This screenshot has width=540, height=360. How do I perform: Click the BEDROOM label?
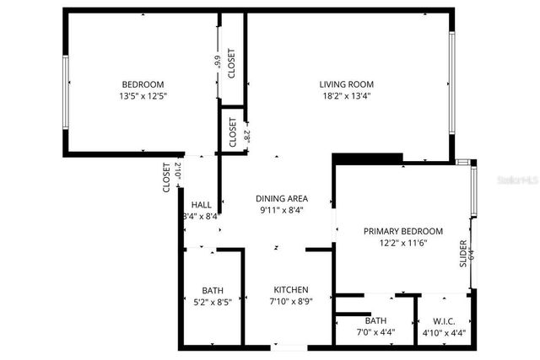pyautogui.click(x=143, y=84)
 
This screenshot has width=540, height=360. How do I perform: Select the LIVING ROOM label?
pyautogui.click(x=346, y=84)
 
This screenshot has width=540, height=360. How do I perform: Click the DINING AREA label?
pyautogui.click(x=281, y=199)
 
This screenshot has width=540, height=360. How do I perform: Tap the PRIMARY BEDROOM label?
pyautogui.click(x=402, y=231)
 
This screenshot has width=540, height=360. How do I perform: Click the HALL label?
pyautogui.click(x=202, y=205)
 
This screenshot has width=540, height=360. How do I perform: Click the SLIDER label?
pyautogui.click(x=462, y=253)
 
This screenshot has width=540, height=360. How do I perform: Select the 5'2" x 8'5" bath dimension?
pyautogui.click(x=213, y=300)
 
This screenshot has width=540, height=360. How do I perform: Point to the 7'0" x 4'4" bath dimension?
pyautogui.click(x=375, y=332)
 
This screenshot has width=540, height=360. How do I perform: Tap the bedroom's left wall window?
pyautogui.click(x=66, y=92)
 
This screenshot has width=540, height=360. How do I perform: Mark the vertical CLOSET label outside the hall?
pyautogui.click(x=167, y=177)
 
